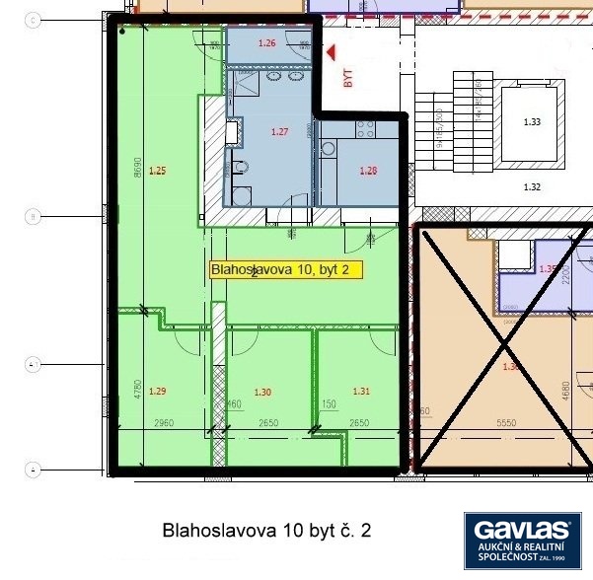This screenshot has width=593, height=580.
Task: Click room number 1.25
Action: click(157, 171)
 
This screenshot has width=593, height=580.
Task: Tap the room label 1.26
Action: click(266, 43)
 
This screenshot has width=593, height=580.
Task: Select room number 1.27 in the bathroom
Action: click(280, 131)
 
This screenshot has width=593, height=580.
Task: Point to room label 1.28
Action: click(368, 171)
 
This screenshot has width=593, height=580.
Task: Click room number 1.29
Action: click(158, 392)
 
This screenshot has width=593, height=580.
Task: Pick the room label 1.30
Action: click(262, 392)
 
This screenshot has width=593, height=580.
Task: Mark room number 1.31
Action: click(361, 392)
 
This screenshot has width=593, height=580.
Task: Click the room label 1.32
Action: click(532, 185)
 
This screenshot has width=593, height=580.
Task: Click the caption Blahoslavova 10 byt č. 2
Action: click(266, 531)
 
